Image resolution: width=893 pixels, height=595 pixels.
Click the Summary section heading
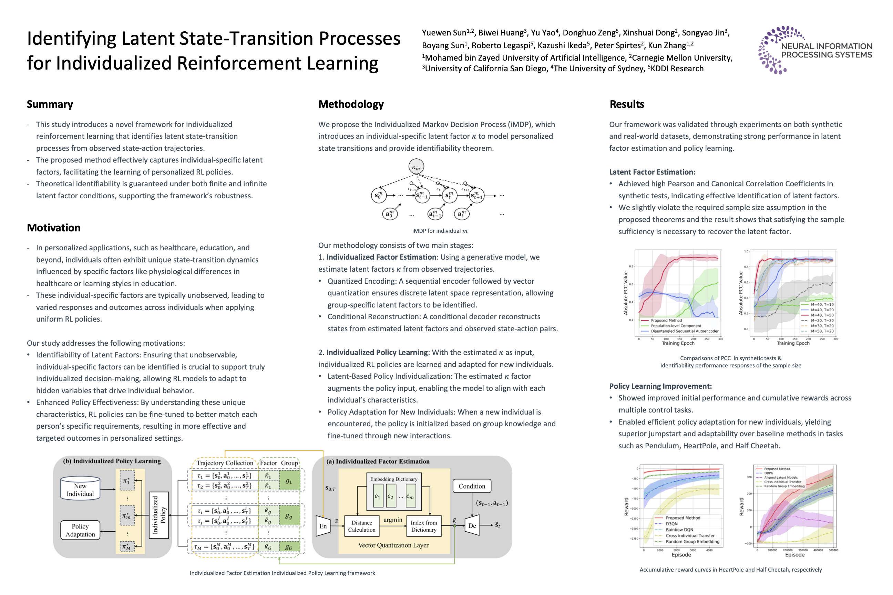pyautogui.click(x=50, y=104)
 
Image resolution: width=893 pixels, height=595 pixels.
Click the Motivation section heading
pyautogui.click(x=53, y=228)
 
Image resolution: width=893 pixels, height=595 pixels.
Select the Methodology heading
pyautogui.click(x=351, y=104)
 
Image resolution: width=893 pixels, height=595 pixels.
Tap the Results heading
pyautogui.click(x=627, y=104)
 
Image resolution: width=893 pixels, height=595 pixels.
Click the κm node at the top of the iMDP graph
pyautogui.click(x=416, y=167)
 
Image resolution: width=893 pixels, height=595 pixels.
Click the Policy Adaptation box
pyautogui.click(x=80, y=530)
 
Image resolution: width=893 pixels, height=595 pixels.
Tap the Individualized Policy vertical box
pyautogui.click(x=159, y=515)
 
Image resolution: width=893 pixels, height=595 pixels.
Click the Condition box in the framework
pyautogui.click(x=472, y=486)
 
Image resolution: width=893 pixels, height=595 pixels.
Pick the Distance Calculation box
pyautogui.click(x=361, y=526)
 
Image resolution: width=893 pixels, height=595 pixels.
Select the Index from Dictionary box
pyautogui.click(x=424, y=526)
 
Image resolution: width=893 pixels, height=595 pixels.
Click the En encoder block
pyautogui.click(x=323, y=526)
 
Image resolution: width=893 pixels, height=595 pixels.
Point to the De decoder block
pyautogui.click(x=472, y=525)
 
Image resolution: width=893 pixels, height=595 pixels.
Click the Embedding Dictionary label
pyautogui.click(x=394, y=479)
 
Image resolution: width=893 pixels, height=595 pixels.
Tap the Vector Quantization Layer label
pyautogui.click(x=393, y=545)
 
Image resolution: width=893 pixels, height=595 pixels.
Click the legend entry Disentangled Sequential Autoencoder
pyautogui.click(x=685, y=331)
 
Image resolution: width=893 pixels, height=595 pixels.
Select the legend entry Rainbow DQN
pyautogui.click(x=679, y=530)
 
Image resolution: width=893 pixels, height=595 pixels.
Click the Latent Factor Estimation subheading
pyautogui.click(x=652, y=172)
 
